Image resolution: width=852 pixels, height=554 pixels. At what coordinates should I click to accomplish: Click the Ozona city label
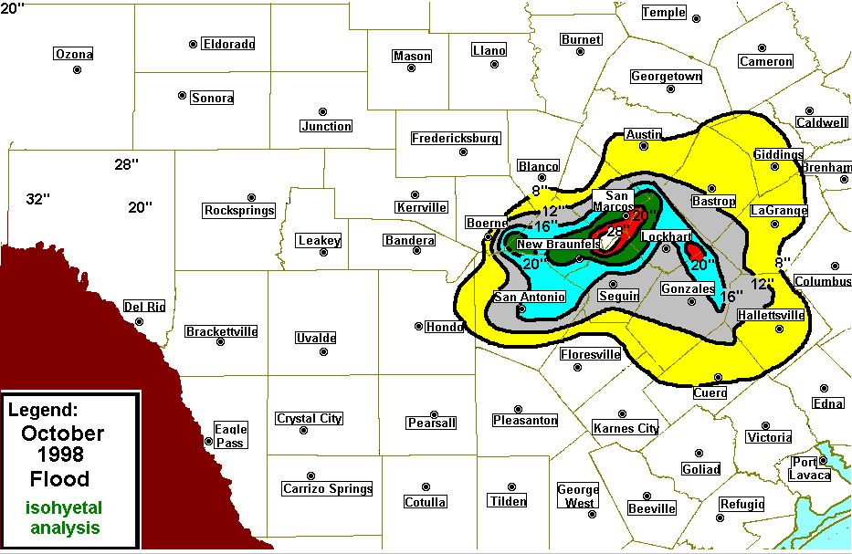74,54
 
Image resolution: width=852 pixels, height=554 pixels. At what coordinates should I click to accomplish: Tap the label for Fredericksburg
456,139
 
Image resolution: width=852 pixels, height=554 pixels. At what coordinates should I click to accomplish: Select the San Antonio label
530,297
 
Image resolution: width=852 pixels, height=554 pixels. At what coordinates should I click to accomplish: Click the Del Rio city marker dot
140,321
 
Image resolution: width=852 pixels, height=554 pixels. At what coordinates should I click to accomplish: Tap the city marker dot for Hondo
418,326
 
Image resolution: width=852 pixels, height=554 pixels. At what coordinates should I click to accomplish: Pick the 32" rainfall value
37,199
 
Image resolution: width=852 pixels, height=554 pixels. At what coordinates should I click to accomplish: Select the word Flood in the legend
59,479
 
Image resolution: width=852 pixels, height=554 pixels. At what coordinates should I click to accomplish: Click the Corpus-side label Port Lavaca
810,468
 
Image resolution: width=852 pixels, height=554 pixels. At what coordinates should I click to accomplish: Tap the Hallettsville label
771,316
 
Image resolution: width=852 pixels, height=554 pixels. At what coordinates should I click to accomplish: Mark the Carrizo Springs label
327,488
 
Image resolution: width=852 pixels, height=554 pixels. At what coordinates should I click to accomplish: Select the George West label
579,496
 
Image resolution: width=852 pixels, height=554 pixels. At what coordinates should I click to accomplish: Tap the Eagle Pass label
230,435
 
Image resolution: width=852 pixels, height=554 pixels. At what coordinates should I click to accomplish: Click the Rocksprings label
239,211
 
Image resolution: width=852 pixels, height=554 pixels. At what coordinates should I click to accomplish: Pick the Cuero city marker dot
719,377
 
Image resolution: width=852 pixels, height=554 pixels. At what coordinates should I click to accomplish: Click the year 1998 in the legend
61,455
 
